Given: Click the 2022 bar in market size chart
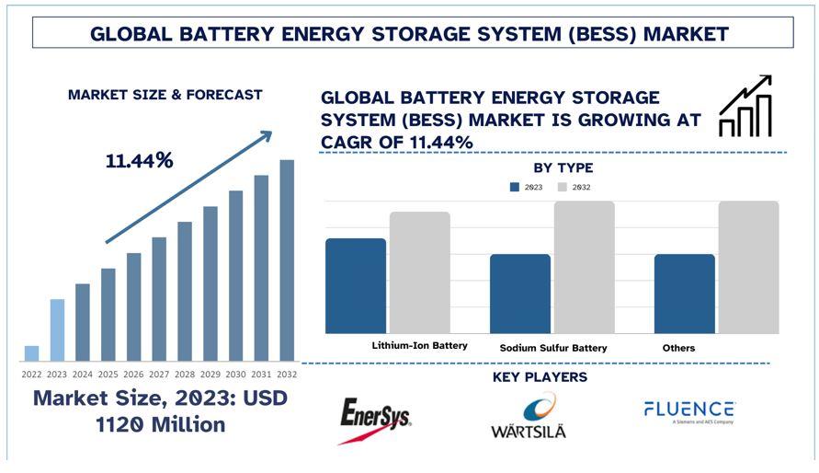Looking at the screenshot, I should (32, 353).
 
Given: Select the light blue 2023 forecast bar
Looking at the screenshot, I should (57, 329).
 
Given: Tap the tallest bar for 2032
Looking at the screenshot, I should (287, 260).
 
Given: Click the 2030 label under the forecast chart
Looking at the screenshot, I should (236, 375).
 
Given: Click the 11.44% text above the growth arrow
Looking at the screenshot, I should (139, 160).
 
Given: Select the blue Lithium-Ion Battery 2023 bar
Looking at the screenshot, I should (356, 285).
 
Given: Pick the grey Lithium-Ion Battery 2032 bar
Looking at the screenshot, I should (419, 272).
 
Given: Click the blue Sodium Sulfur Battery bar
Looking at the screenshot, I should (520, 294).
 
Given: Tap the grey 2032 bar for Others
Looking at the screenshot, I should (748, 267).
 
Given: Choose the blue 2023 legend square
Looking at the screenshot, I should (515, 187).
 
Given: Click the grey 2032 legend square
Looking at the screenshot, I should (562, 187).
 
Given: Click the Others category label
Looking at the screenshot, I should (678, 348).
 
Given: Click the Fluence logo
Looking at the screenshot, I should (688, 411).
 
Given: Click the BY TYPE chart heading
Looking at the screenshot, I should (563, 168).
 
